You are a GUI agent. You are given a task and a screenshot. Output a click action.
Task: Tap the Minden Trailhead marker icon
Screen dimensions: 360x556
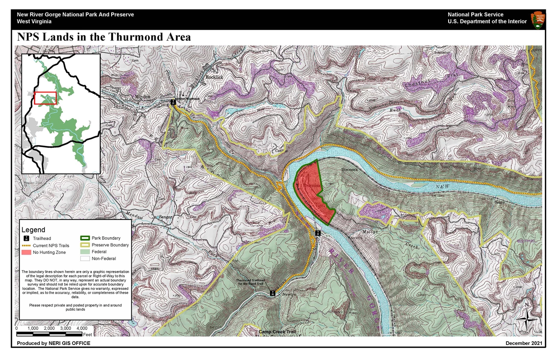tap(173, 102)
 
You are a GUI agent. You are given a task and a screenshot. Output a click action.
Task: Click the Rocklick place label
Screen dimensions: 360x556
tap(215, 77)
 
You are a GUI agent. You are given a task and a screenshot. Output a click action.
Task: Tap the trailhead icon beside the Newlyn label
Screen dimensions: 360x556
tap(272, 293)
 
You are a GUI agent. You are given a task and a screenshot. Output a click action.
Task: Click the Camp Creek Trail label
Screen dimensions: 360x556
tap(277, 332)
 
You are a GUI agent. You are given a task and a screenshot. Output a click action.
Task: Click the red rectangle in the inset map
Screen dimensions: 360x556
tap(45, 98)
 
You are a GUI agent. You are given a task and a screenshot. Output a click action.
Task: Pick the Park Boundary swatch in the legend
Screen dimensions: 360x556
tap(85, 238)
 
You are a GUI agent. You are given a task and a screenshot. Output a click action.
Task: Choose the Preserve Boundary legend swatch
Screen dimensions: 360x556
tap(85, 245)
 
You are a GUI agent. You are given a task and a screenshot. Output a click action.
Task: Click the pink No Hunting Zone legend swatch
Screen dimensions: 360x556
tap(26, 253)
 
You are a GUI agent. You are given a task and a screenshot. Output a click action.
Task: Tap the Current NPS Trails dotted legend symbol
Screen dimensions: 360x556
tap(26, 246)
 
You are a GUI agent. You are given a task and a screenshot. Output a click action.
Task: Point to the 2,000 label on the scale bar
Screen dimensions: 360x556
tap(49, 328)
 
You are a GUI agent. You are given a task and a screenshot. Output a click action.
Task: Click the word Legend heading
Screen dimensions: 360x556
tap(33, 230)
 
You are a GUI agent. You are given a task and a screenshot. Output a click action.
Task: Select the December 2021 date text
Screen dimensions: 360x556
tap(524, 343)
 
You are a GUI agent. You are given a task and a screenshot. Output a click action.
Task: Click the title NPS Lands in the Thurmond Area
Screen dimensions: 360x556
tap(104, 37)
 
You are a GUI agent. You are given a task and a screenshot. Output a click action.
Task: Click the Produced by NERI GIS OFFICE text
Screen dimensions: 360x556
tap(53, 343)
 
